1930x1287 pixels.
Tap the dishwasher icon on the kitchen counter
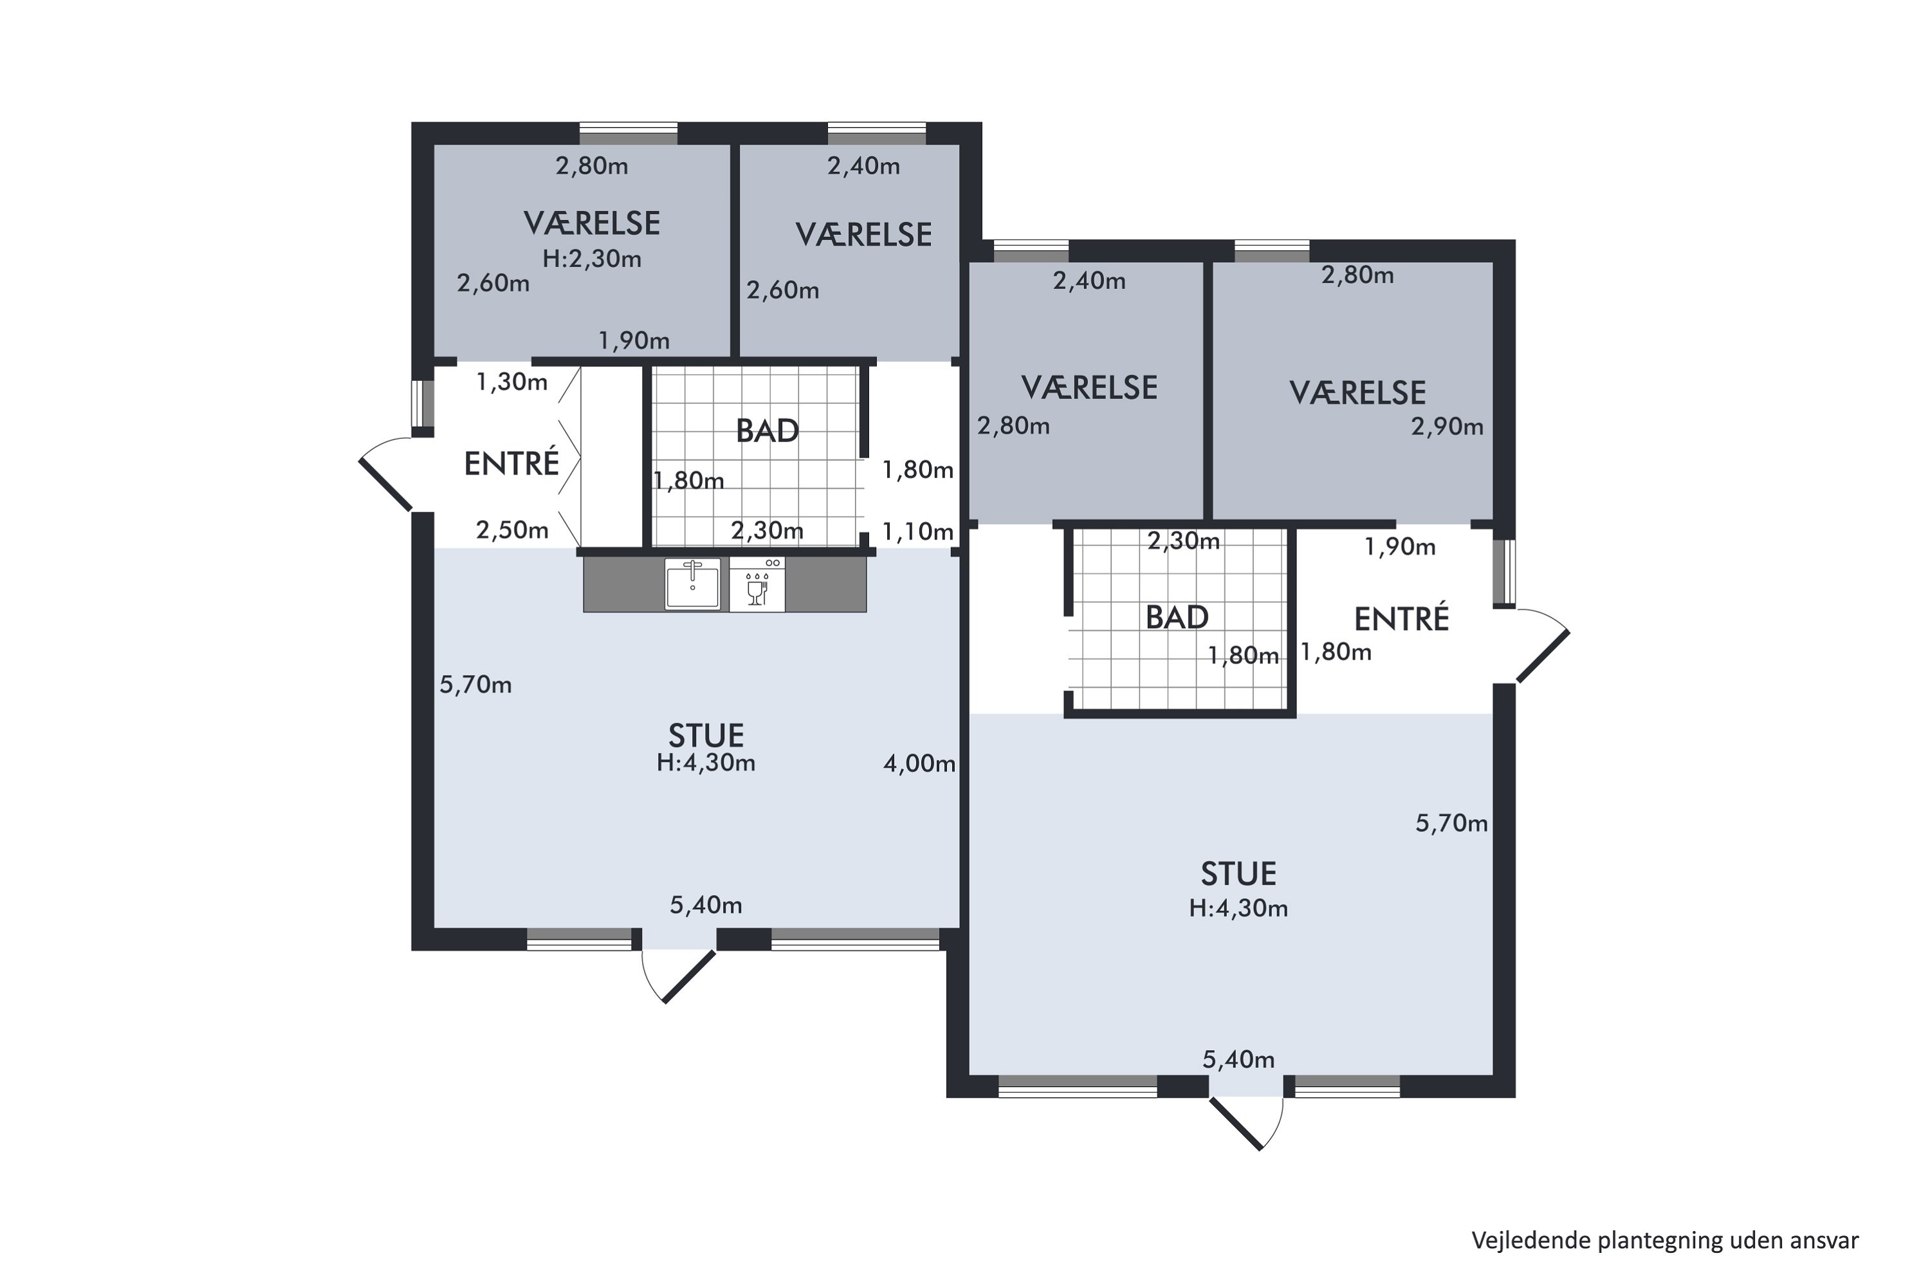click(x=757, y=584)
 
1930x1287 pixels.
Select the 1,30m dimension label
click(x=512, y=382)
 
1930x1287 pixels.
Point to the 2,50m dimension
click(x=512, y=530)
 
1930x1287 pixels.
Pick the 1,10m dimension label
click(x=917, y=532)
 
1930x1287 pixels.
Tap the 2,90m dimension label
click(x=1447, y=427)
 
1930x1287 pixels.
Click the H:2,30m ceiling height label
click(x=592, y=259)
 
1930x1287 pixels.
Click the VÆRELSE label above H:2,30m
click(x=592, y=223)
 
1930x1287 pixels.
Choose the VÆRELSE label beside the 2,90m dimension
click(x=1357, y=393)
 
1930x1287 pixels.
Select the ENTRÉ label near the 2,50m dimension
click(x=511, y=464)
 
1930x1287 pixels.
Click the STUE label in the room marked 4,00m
click(x=706, y=735)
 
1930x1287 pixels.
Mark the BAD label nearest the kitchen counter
click(x=767, y=431)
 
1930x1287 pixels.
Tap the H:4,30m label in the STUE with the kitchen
click(x=706, y=763)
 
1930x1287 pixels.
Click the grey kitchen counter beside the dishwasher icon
click(x=825, y=584)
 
